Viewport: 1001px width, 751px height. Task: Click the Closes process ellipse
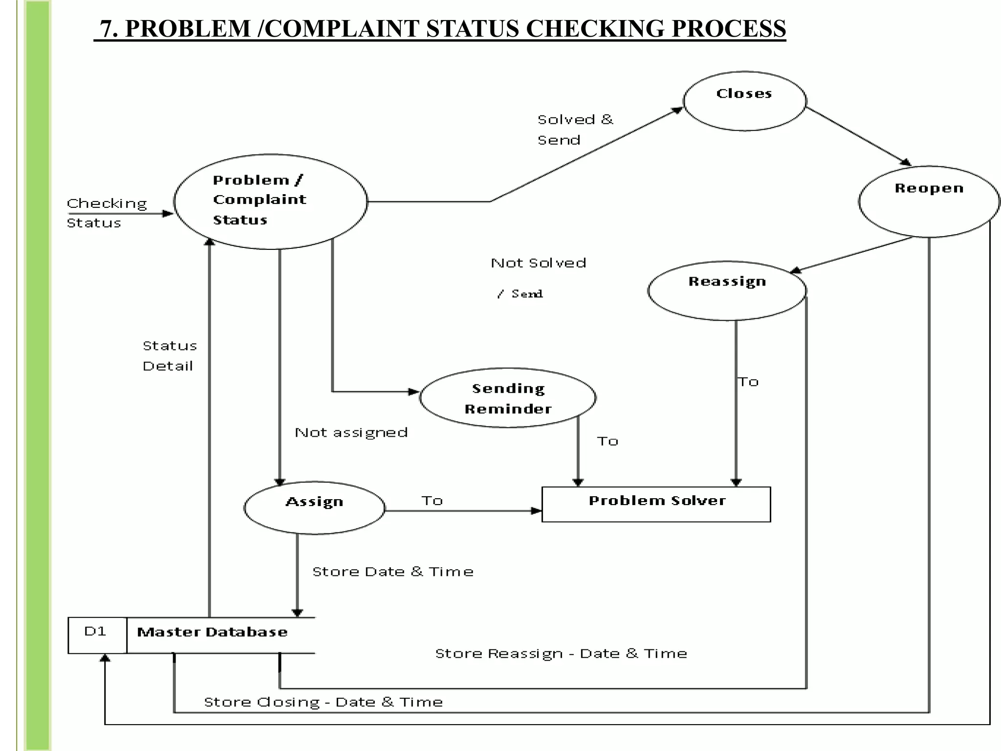744,101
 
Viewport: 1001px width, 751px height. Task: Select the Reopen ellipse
929,201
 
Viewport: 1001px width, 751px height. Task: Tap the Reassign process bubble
727,291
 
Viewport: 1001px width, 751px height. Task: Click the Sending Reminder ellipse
507,398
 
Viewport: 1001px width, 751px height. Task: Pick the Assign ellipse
314,508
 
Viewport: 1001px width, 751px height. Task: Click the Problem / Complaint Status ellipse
270,201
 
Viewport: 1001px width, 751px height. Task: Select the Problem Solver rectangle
656,504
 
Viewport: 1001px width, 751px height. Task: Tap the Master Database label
212,632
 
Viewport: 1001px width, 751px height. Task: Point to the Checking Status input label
107,213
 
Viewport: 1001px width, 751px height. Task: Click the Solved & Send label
574,130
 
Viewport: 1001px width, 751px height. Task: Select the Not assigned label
351,433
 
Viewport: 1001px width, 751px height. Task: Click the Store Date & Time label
392,572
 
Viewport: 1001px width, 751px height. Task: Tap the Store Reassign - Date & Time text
561,654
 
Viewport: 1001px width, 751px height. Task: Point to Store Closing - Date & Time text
323,702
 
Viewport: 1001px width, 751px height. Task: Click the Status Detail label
169,356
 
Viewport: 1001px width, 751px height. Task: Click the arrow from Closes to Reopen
858,136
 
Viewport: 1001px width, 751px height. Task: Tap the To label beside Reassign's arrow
748,382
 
